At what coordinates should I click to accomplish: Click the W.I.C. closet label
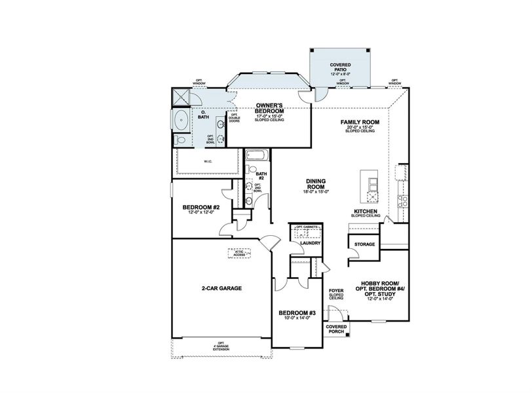pyautogui.click(x=207, y=160)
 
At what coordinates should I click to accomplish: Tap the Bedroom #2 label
pyautogui.click(x=201, y=208)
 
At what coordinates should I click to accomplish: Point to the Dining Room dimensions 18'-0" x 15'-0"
pyautogui.click(x=316, y=191)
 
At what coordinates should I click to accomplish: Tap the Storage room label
pyautogui.click(x=364, y=244)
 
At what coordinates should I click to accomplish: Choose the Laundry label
pyautogui.click(x=309, y=244)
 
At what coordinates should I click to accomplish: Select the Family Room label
pyautogui.click(x=360, y=122)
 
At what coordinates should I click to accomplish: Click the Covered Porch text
pyautogui.click(x=336, y=329)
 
